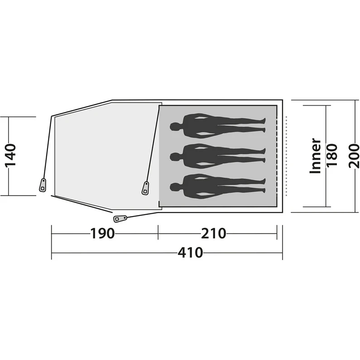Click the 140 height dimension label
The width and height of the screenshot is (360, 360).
tap(11, 156)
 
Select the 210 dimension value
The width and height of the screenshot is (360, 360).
tap(212, 234)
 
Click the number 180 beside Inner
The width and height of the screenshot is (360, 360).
tap(332, 156)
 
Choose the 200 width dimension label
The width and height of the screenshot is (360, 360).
tap(355, 156)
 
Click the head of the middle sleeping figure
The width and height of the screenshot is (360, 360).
tap(174, 156)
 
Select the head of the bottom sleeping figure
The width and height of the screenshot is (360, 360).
tap(174, 186)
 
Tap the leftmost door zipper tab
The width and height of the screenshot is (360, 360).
tap(43, 185)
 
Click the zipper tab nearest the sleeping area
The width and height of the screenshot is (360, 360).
tap(146, 187)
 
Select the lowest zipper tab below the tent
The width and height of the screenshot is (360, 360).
tap(120, 219)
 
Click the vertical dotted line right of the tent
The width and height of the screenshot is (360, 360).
tap(286, 156)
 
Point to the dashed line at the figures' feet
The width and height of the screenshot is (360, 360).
tap(276, 156)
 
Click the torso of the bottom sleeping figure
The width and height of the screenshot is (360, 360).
tap(199, 186)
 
